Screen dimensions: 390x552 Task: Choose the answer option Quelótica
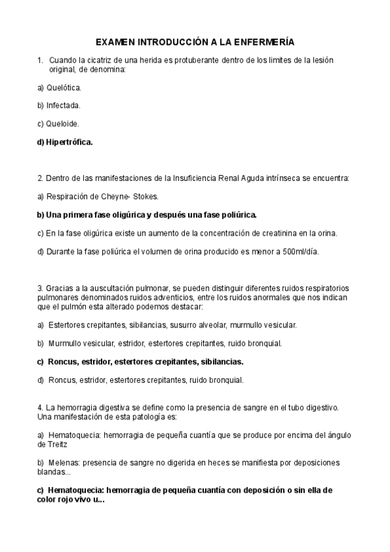click(64, 87)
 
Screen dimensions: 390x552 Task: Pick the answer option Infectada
click(64, 105)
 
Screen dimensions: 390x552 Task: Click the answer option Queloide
click(63, 123)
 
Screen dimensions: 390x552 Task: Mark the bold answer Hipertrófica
click(70, 141)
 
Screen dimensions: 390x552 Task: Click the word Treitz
click(57, 444)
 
